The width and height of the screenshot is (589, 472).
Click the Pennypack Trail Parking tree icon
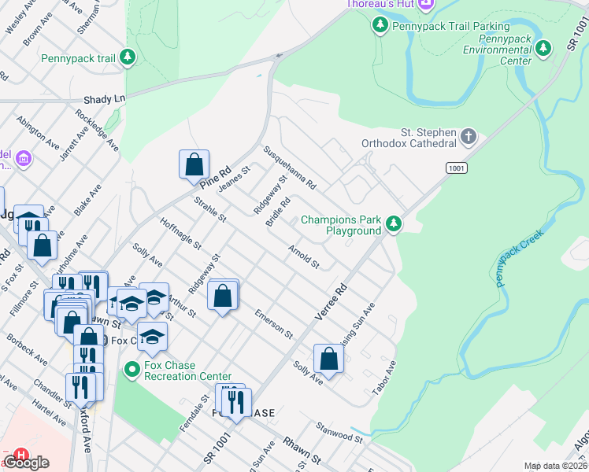(x=380, y=26)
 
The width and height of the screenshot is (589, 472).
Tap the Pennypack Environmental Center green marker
(x=543, y=50)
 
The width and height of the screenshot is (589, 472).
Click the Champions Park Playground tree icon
(x=394, y=225)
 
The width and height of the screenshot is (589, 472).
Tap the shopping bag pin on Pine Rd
(x=194, y=165)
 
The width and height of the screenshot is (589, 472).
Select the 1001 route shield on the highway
(x=456, y=168)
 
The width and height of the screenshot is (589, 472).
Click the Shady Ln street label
(x=105, y=100)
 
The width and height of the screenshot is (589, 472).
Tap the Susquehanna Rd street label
(x=290, y=168)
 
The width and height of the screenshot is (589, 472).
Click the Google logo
(x=26, y=463)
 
